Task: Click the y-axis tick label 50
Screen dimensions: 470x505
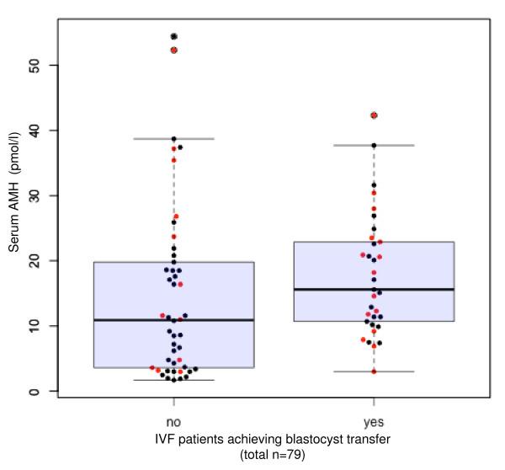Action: coord(42,65)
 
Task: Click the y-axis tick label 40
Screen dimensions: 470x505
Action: coord(42,131)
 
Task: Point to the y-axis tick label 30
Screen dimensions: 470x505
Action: coord(42,195)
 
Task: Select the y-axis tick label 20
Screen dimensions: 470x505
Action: coord(42,260)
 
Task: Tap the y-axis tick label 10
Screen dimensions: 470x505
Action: coord(42,326)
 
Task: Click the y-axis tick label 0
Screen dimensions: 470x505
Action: coord(42,391)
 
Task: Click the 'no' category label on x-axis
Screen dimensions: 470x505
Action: coord(174,419)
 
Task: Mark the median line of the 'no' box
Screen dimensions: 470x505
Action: coord(174,320)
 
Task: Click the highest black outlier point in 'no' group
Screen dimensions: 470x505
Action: coord(174,36)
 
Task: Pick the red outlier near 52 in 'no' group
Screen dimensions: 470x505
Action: coord(174,51)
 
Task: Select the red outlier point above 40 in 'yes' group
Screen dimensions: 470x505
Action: coord(375,115)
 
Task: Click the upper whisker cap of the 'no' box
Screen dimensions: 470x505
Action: coord(174,138)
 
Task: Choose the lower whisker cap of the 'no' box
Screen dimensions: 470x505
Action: coord(174,380)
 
